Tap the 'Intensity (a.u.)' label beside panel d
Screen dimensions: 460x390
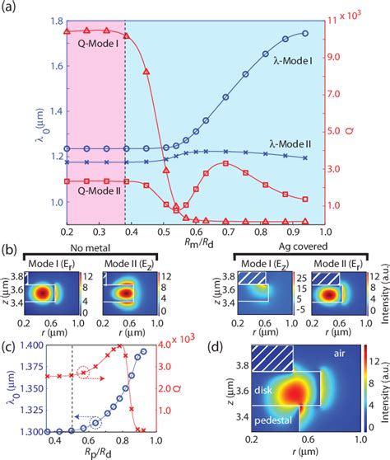tap(383, 389)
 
